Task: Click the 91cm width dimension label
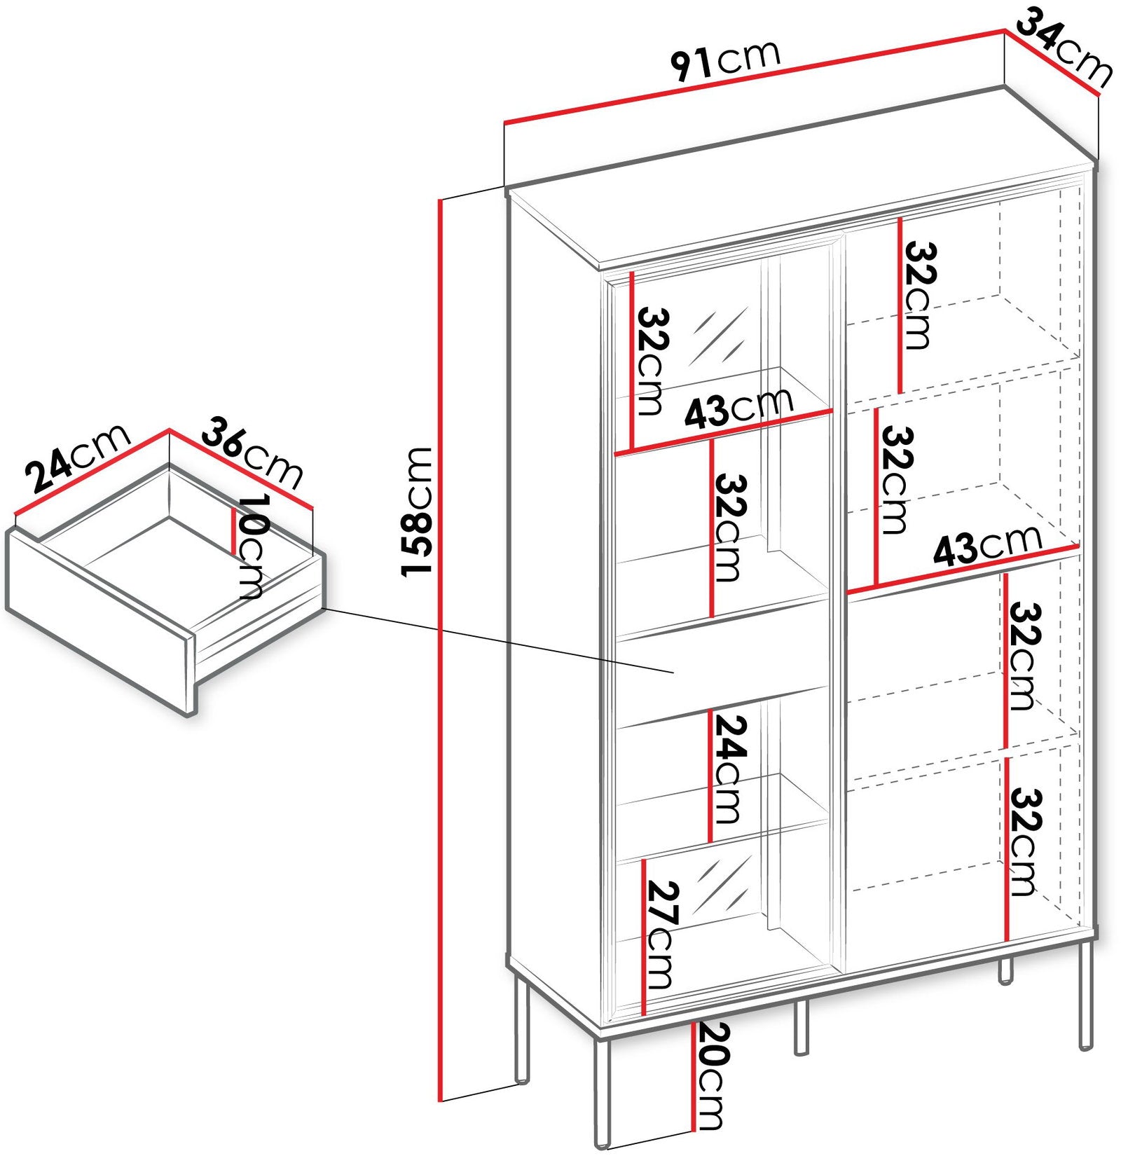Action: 725,60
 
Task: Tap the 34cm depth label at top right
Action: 1064,49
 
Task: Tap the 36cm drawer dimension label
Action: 252,453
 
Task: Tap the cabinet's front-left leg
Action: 602,1096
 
